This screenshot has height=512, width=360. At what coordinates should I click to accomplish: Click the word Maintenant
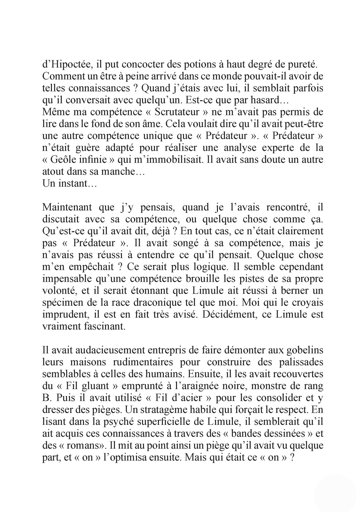pos(67,207)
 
